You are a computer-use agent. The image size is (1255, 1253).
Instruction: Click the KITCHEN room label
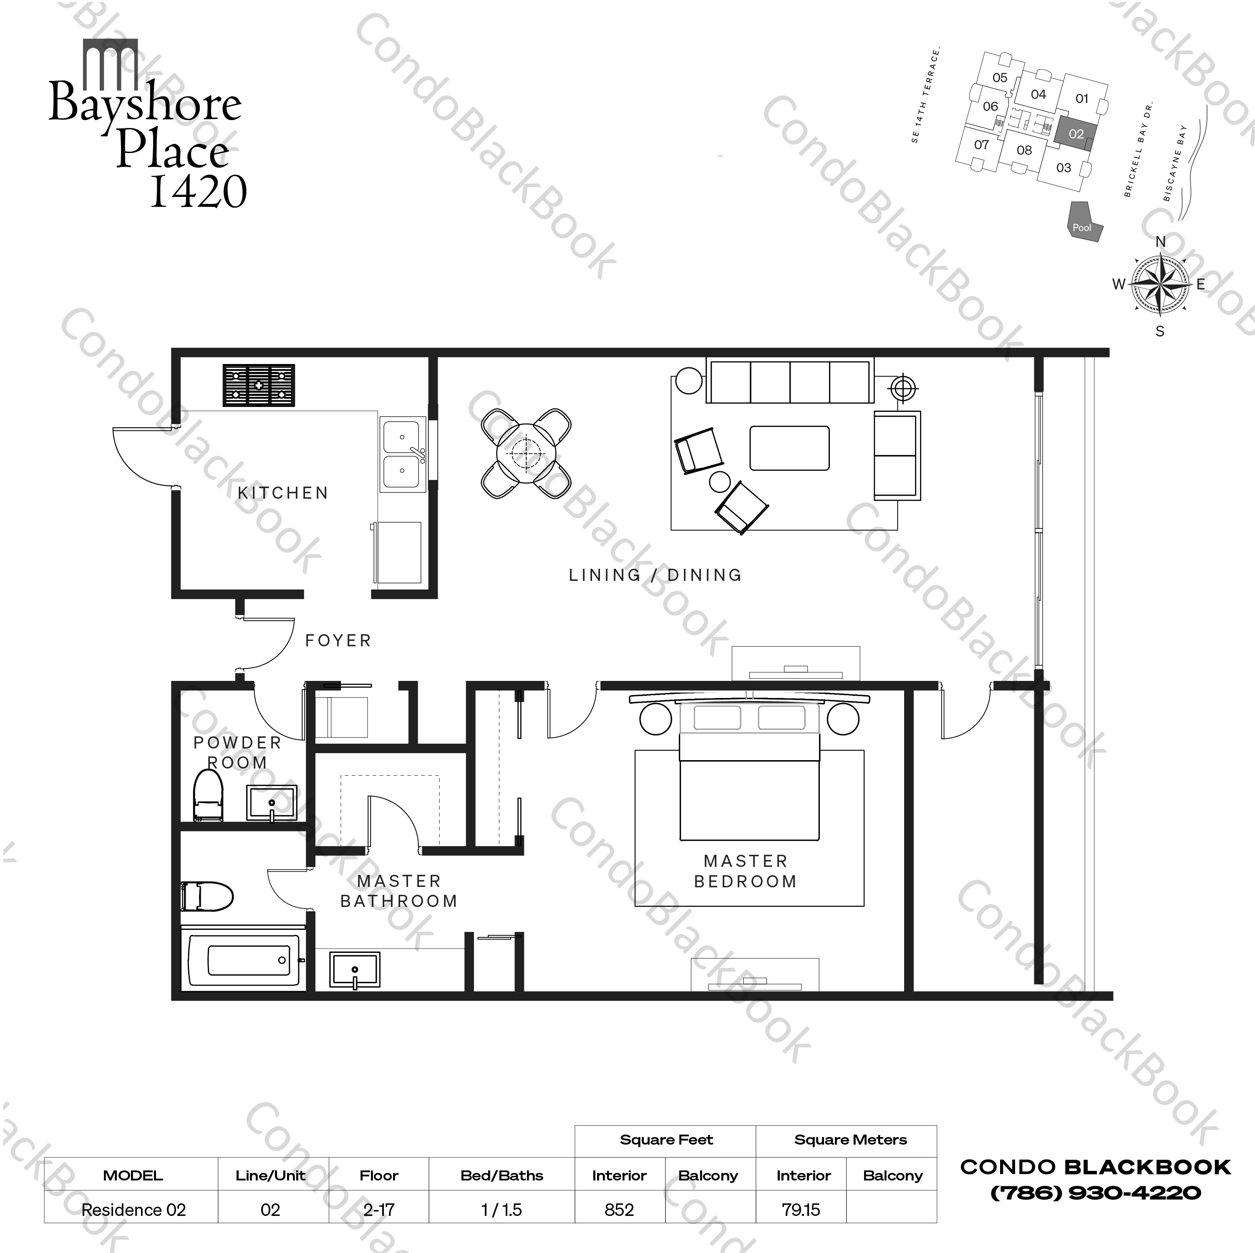282,493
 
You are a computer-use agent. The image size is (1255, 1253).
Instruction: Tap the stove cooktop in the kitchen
259,385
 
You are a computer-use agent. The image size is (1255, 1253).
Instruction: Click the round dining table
526,453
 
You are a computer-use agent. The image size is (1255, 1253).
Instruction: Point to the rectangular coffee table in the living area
789,448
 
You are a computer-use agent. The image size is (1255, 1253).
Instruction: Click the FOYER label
338,641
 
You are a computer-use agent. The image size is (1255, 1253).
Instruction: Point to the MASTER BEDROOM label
745,871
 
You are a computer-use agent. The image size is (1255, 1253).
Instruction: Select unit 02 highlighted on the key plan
1075,134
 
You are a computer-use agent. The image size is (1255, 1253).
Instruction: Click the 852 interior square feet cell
619,1210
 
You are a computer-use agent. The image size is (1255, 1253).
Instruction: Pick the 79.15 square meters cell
801,1210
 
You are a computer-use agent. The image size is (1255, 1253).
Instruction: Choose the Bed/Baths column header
501,1175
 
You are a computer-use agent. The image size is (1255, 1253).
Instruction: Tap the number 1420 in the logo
199,191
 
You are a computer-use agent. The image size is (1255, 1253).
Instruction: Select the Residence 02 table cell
133,1210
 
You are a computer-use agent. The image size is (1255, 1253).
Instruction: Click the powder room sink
272,802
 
